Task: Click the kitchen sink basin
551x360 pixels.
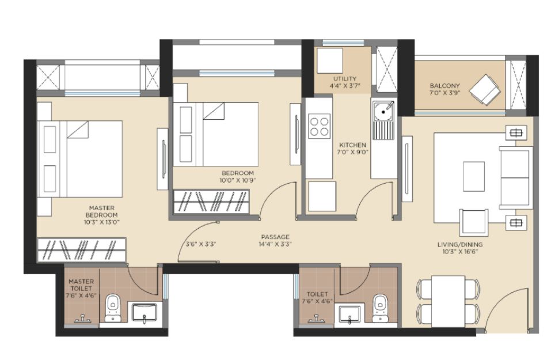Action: tap(383, 111)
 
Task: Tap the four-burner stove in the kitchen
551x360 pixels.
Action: tap(319, 127)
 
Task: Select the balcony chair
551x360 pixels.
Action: tap(485, 90)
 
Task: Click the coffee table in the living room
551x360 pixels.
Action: tap(474, 176)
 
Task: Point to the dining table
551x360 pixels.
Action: tap(449, 302)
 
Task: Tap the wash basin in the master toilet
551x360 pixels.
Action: tap(144, 312)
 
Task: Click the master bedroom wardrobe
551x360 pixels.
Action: tap(82, 249)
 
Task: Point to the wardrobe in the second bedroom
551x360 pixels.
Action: tap(211, 202)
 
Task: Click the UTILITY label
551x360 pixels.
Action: tap(345, 79)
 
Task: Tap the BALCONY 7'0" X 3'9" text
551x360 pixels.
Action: tap(444, 89)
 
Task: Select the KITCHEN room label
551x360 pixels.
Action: tap(352, 145)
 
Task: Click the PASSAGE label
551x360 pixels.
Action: tap(275, 237)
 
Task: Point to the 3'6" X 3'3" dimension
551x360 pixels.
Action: tap(200, 244)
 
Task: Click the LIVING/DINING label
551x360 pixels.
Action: tap(460, 244)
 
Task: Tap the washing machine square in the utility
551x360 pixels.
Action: tap(329, 61)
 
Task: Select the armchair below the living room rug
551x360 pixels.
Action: tap(474, 222)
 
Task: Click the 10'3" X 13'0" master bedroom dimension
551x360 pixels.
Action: tap(102, 222)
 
